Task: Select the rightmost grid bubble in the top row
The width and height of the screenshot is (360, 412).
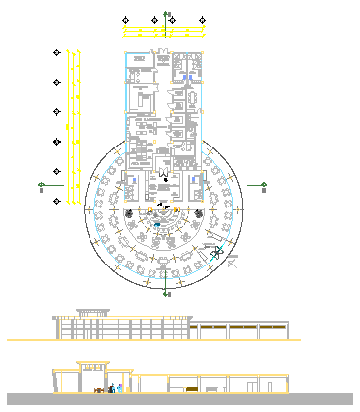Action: point(203,19)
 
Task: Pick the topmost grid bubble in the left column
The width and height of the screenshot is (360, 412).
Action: point(57,52)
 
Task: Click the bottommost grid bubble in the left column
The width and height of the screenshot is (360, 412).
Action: point(57,202)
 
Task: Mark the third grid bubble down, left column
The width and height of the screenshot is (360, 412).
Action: point(57,111)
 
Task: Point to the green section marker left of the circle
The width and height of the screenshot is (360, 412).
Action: point(42,184)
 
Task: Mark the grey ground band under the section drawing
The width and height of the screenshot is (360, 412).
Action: point(180,399)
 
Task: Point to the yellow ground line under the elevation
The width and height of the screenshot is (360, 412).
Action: point(148,340)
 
